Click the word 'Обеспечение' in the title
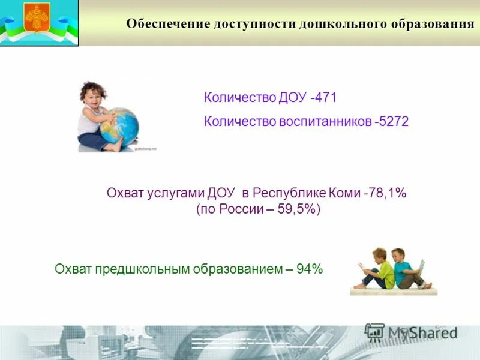point(167,24)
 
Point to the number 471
point(326,98)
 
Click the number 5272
point(394,122)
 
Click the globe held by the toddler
point(119,125)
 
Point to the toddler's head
point(94,95)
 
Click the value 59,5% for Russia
point(299,211)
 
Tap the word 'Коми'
point(344,193)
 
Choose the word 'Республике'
point(289,193)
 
